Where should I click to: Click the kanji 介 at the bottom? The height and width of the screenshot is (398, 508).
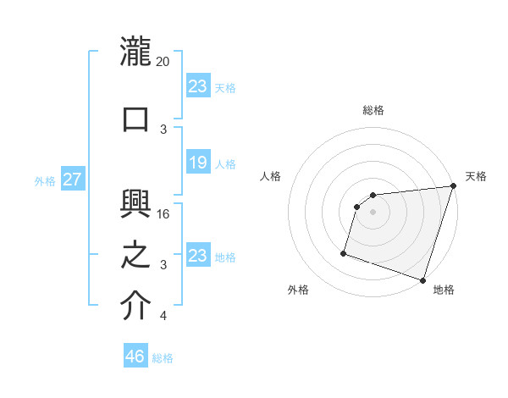135,306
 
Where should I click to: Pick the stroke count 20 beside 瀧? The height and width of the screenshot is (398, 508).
163,62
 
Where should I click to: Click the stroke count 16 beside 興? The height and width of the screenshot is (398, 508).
163,214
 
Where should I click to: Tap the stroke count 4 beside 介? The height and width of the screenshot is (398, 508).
163,316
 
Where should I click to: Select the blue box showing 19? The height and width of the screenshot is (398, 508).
197,163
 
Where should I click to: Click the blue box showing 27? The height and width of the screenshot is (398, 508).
73,180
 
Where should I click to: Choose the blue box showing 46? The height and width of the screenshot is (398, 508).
135,357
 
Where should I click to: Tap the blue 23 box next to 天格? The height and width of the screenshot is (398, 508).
197,86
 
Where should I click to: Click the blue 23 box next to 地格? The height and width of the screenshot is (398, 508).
197,256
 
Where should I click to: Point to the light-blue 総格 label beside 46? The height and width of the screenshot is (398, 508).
163,358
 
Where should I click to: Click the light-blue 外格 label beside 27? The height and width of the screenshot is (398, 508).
45,180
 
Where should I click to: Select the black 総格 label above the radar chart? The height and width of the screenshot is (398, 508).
373,110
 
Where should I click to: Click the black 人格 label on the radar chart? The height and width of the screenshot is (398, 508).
270,176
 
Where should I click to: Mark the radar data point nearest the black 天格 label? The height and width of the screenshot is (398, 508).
452,186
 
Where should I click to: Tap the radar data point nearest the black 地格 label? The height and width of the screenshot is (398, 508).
422,279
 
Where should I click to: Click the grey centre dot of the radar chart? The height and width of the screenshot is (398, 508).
373,212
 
